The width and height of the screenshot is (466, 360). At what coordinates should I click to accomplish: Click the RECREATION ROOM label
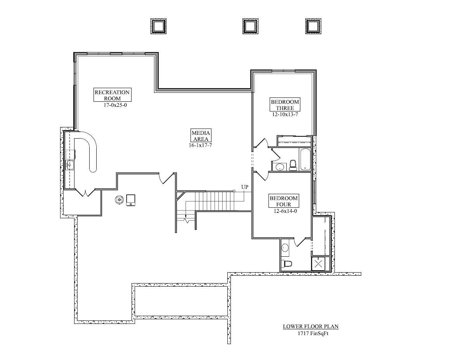[112, 95]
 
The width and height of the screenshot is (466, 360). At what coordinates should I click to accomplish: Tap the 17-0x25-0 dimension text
[112, 105]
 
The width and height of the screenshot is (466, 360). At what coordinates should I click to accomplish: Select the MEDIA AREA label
[201, 136]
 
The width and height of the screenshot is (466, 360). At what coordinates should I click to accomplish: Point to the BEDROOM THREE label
[285, 105]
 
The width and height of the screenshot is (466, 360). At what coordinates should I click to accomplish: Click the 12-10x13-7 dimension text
[285, 115]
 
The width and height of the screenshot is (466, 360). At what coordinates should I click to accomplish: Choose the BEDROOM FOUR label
[284, 201]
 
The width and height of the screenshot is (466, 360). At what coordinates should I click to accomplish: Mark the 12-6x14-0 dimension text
[284, 211]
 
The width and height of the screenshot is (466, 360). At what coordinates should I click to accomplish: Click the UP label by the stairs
[244, 187]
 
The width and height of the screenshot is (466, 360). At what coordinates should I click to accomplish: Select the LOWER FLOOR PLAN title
[308, 327]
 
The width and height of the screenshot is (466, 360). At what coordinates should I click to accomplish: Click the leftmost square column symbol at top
[158, 26]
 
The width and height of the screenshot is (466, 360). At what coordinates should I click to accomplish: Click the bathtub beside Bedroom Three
[305, 159]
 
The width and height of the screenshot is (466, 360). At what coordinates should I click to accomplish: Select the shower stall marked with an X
[319, 264]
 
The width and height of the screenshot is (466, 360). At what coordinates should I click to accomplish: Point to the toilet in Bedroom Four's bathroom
[287, 264]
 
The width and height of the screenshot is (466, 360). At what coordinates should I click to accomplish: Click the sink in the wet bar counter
[70, 165]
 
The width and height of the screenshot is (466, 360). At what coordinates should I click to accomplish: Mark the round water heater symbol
[119, 200]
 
